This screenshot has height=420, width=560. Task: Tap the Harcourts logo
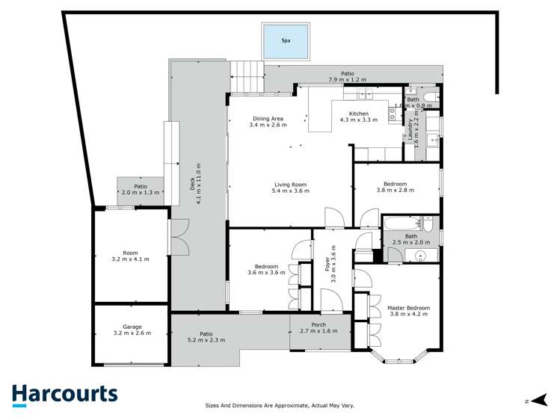[x=64, y=395]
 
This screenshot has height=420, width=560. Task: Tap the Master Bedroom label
[x=408, y=310]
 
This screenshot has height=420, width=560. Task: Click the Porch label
[x=319, y=327]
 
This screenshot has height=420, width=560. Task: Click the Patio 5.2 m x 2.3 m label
[x=206, y=337]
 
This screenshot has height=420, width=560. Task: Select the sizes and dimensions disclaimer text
[x=280, y=406]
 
